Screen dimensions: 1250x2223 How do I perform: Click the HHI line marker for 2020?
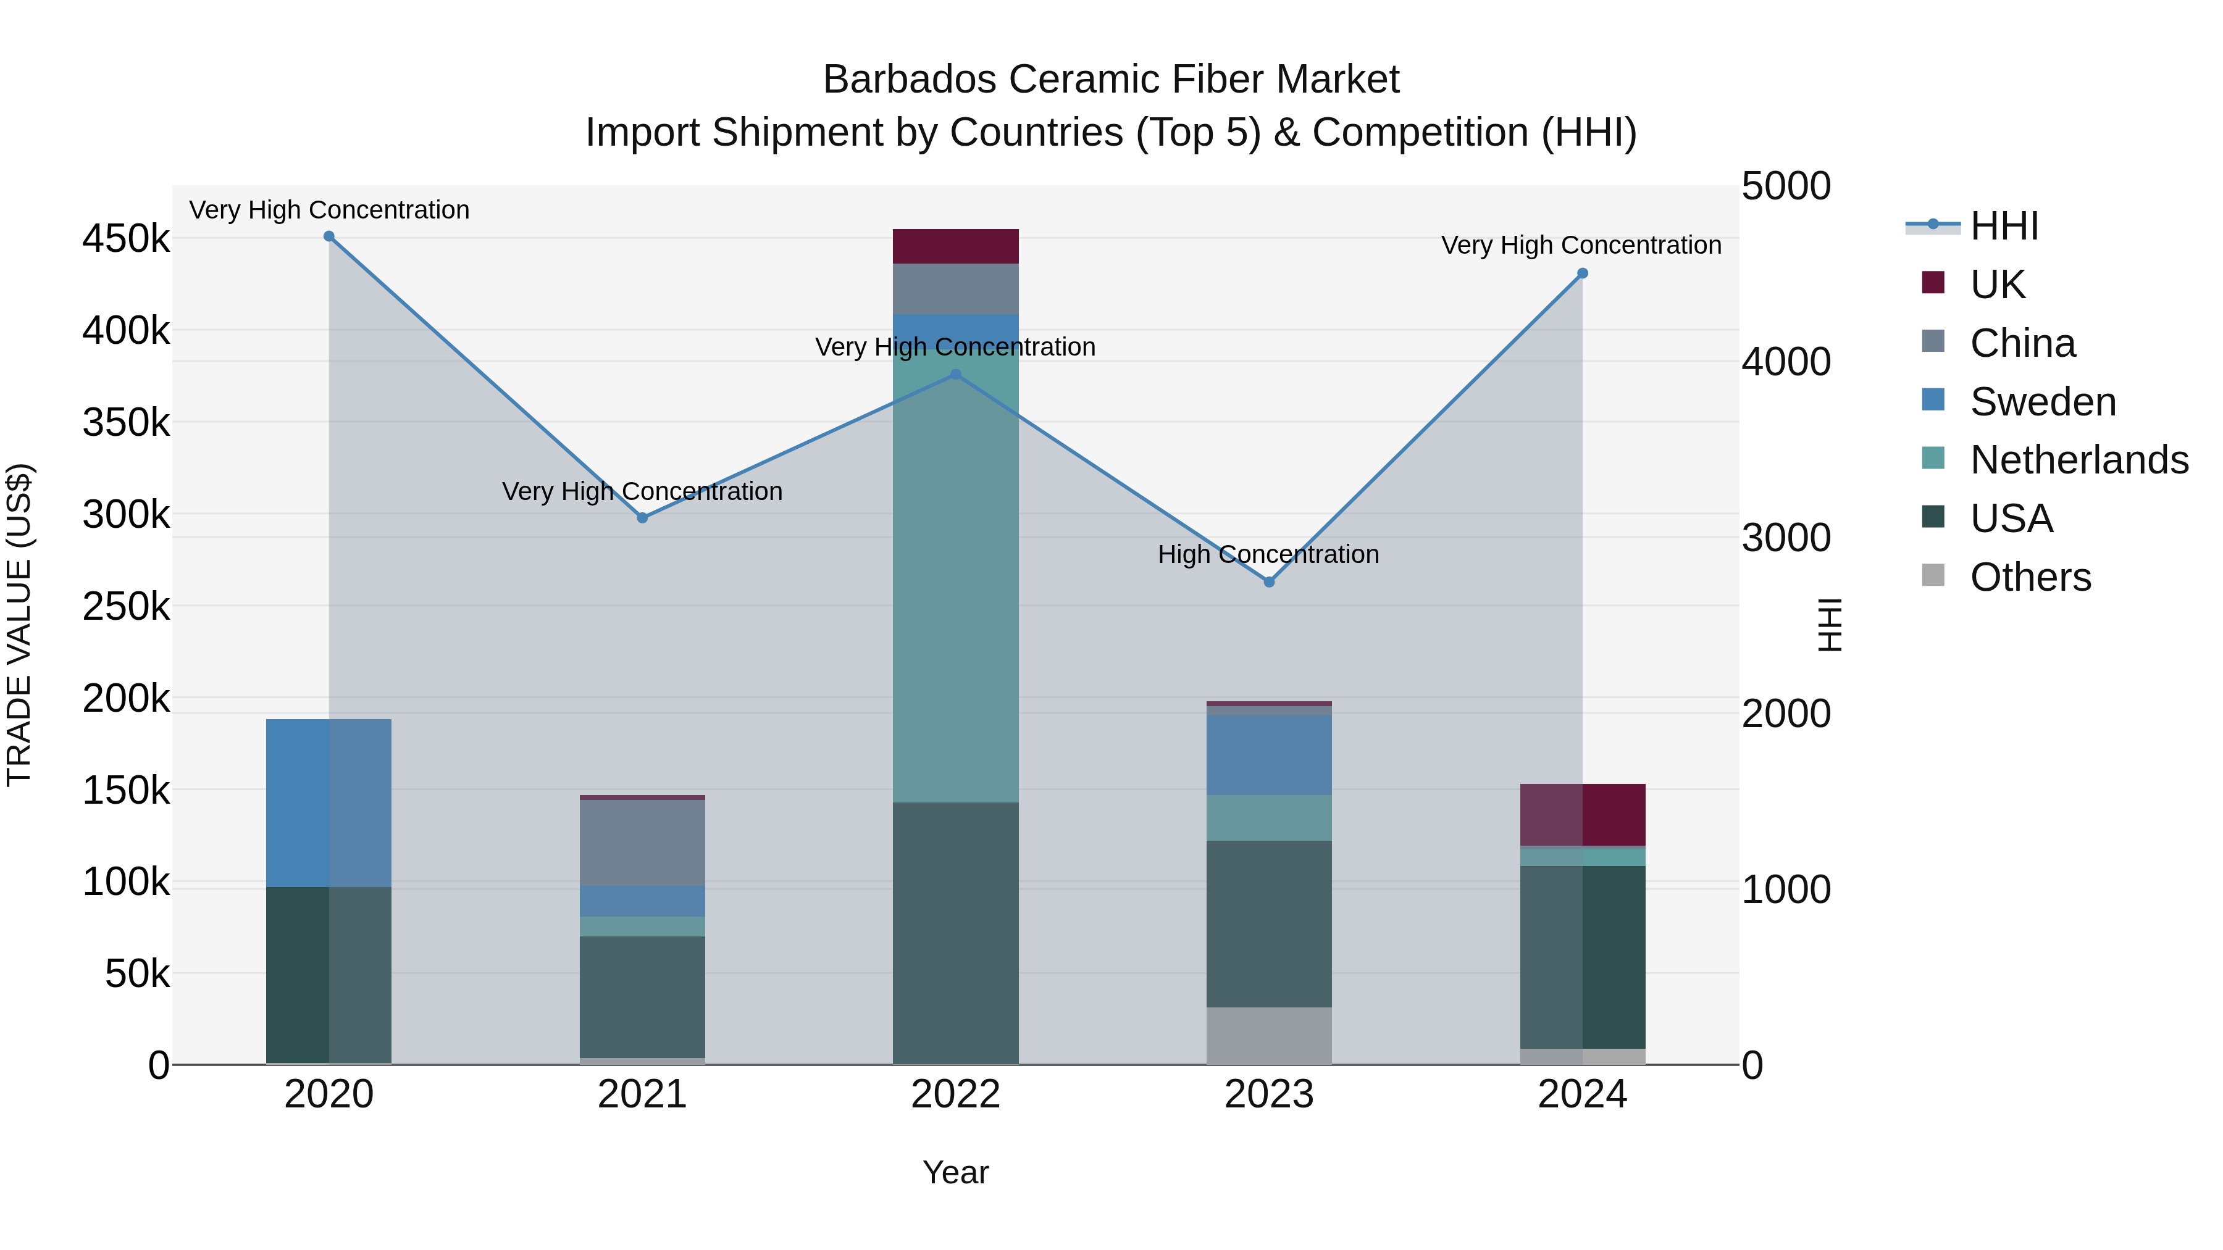coord(329,236)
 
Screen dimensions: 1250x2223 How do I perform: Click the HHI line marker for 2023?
coord(1268,582)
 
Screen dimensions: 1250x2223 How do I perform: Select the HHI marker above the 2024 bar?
coord(1582,273)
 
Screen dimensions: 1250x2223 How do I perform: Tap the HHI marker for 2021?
coord(642,518)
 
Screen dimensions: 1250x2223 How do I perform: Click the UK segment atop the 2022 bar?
coord(955,247)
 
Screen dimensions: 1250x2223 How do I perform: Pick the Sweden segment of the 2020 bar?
coord(329,802)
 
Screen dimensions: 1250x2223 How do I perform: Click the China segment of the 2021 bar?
coord(642,843)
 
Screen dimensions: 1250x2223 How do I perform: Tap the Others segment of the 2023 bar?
coord(1268,1035)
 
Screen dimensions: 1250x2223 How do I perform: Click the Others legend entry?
coord(2030,577)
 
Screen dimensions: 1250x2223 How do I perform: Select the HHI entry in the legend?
coord(2004,226)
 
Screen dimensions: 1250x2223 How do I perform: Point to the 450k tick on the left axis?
coord(126,239)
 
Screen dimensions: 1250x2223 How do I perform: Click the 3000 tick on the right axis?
coord(1785,538)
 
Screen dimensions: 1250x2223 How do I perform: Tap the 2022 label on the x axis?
coord(955,1094)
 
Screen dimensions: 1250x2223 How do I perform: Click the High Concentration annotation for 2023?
coord(1268,555)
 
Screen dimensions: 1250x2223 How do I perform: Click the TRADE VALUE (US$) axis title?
coord(19,625)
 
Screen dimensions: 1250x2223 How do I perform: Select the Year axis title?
coord(955,1172)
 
